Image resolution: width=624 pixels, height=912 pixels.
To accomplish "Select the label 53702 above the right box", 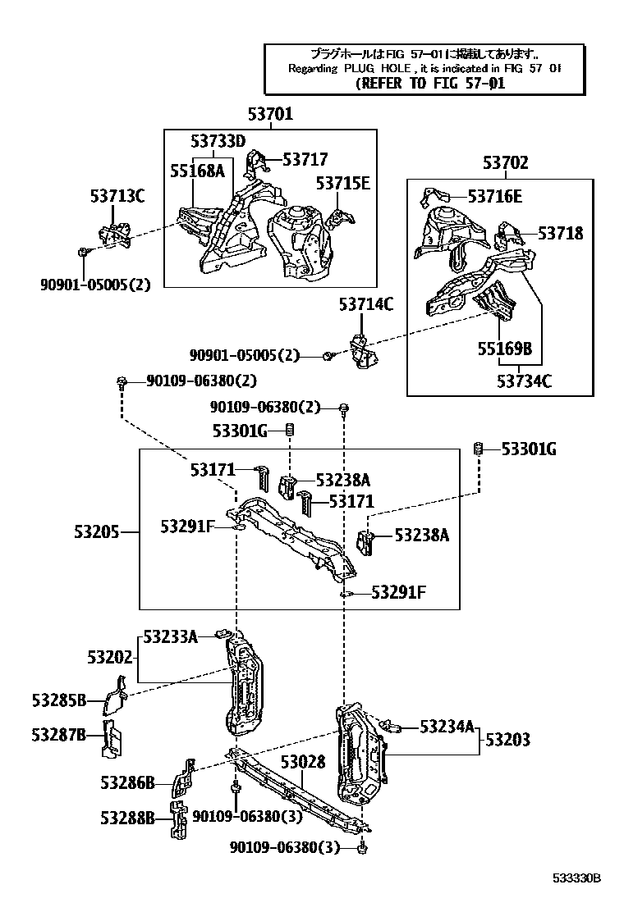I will coord(505,163).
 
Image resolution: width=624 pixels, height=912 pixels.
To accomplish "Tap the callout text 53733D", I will coord(218,141).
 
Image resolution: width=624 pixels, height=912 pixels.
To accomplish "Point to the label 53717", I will coord(305,159).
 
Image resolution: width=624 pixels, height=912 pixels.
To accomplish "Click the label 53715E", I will coord(343,182).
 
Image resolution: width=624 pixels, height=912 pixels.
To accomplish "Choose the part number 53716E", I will coord(494,196).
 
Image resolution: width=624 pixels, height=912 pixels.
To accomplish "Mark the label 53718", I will coord(561,233).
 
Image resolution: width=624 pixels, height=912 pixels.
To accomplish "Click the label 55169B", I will coord(505,349).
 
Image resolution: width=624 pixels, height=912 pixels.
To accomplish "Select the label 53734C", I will coord(524,381).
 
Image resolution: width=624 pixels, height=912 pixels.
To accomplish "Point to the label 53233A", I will coord(170,636).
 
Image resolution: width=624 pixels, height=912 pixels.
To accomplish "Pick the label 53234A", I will coord(447,726).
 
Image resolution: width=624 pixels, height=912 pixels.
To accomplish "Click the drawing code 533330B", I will coord(576,877).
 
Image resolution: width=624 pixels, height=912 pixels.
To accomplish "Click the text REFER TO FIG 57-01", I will coord(431,84).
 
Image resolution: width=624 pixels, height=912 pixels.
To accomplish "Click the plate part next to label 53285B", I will coord(114,695).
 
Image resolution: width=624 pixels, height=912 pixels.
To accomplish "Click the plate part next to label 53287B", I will coord(109,737).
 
